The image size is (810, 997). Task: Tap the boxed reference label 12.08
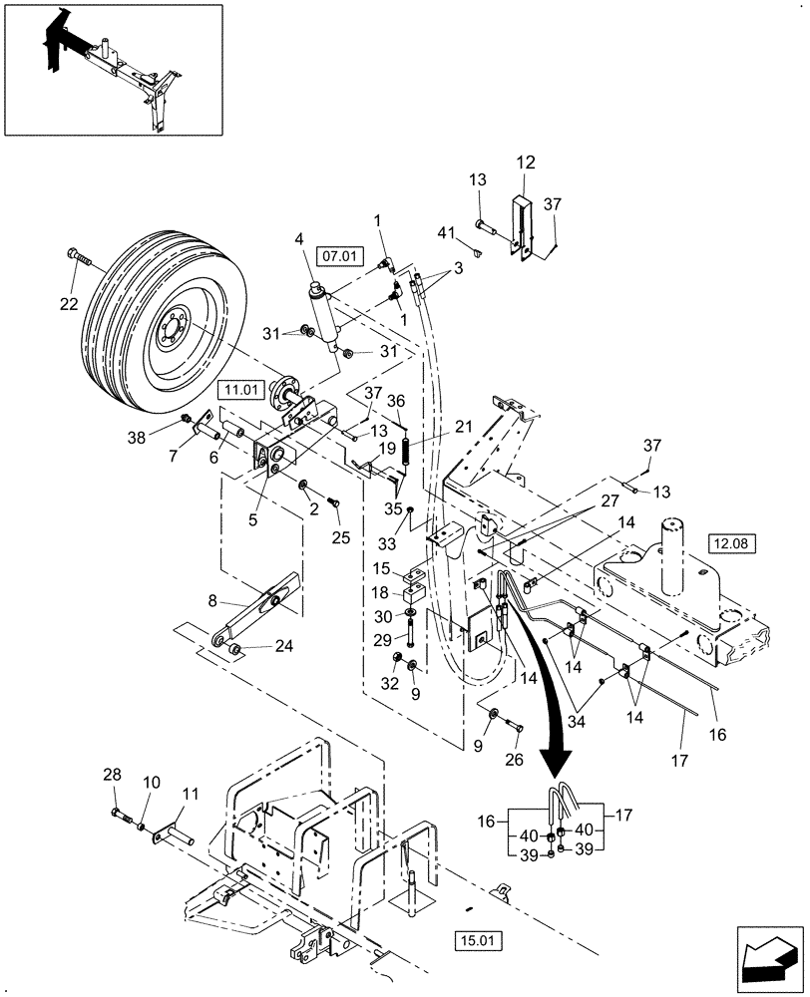[732, 543]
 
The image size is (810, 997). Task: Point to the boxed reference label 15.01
[481, 939]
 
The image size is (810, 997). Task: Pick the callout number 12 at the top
[526, 162]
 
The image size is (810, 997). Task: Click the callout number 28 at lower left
[114, 774]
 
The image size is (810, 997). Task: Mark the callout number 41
[446, 233]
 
